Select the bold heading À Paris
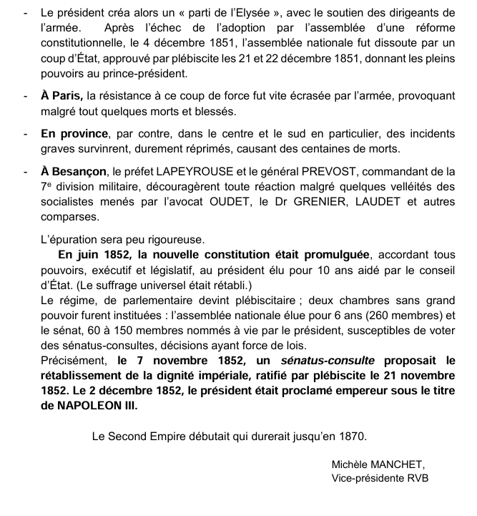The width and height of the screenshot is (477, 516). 61,96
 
